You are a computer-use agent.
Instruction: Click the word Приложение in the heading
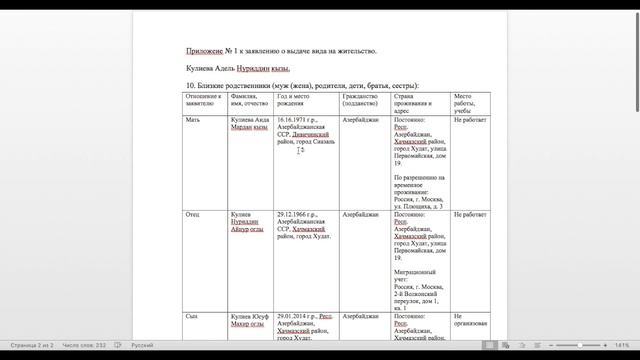coord(205,50)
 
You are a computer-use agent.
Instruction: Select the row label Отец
coord(193,214)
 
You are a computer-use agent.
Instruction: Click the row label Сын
coord(192,315)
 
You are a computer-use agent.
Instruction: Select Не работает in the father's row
coord(470,214)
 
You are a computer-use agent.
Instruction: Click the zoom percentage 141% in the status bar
coord(622,345)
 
